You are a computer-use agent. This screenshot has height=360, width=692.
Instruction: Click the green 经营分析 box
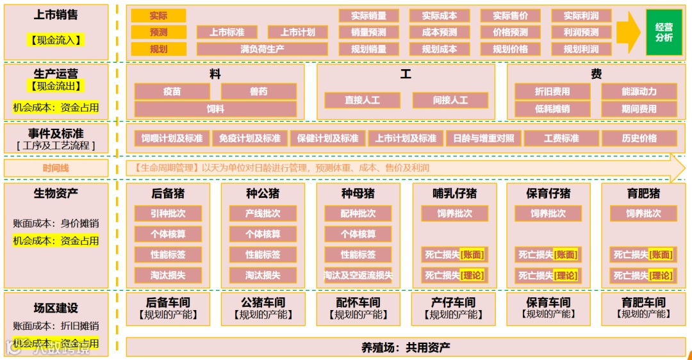(x=664, y=32)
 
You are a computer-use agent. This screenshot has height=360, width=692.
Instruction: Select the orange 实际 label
(x=158, y=15)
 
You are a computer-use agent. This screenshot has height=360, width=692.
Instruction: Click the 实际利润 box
(x=581, y=15)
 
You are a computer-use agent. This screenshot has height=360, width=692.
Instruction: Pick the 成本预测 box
(x=440, y=32)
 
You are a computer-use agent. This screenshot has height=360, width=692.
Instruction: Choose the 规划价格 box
(x=510, y=49)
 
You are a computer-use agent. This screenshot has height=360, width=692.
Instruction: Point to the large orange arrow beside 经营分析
(x=629, y=32)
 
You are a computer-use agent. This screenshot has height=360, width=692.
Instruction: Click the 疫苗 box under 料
(x=172, y=92)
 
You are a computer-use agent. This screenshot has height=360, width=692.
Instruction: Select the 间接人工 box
(x=450, y=100)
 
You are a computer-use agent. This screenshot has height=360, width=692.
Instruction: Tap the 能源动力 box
(x=639, y=92)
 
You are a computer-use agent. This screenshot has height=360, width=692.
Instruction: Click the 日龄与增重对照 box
(x=483, y=138)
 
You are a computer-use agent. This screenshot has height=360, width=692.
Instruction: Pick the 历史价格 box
(x=639, y=138)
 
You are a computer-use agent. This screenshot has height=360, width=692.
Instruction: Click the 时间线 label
(x=56, y=168)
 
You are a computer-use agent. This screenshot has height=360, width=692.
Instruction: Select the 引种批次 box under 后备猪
(x=169, y=213)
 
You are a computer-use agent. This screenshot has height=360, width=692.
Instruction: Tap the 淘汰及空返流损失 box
(x=358, y=275)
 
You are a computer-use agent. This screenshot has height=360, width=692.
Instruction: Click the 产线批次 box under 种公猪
(x=263, y=213)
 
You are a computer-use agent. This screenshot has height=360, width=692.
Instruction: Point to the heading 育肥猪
(x=643, y=193)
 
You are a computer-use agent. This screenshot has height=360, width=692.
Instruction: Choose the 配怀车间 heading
(x=358, y=302)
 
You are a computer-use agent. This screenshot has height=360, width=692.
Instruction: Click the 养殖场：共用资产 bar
(x=406, y=347)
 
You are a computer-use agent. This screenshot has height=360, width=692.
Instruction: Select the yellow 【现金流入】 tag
(x=56, y=40)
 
